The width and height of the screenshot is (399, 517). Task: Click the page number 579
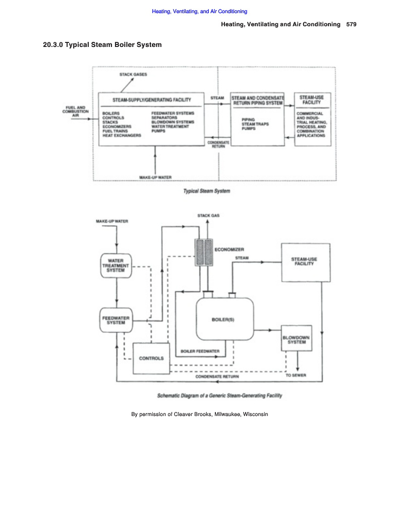click(x=352, y=25)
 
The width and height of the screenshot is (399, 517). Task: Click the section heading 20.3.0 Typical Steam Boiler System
click(x=102, y=45)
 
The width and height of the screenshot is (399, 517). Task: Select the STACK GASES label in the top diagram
click(x=133, y=75)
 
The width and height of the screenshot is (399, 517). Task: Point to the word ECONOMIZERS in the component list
click(x=117, y=127)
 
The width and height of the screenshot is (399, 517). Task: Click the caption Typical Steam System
click(x=207, y=191)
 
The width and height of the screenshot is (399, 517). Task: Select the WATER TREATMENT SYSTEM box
click(x=116, y=266)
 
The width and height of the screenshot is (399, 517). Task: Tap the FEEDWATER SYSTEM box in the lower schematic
click(x=116, y=320)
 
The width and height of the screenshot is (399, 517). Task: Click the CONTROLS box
click(x=151, y=358)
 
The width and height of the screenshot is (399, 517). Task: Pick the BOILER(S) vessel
click(x=225, y=319)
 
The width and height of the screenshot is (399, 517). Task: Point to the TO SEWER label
click(x=296, y=376)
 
